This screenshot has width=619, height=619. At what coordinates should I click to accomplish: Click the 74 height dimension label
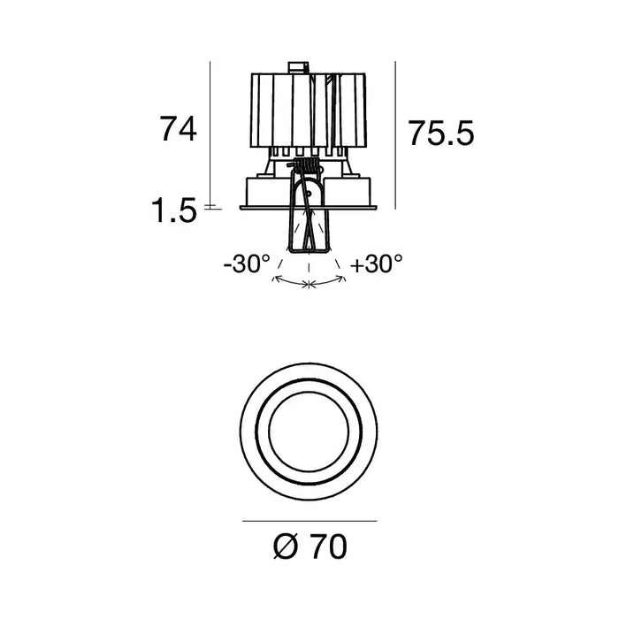tap(178, 129)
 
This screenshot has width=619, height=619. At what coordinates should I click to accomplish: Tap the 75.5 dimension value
tap(440, 133)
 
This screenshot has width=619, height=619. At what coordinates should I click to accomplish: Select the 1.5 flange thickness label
tap(174, 210)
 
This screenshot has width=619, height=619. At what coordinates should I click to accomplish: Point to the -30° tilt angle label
tap(247, 264)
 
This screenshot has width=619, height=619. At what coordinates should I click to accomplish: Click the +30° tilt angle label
tap(376, 264)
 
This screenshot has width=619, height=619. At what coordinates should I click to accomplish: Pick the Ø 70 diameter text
tap(310, 546)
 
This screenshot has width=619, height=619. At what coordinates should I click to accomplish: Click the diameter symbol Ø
tap(285, 546)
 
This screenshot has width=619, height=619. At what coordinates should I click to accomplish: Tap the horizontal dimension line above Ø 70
tap(309, 521)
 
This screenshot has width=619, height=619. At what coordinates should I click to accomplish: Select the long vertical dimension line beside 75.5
tap(395, 135)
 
